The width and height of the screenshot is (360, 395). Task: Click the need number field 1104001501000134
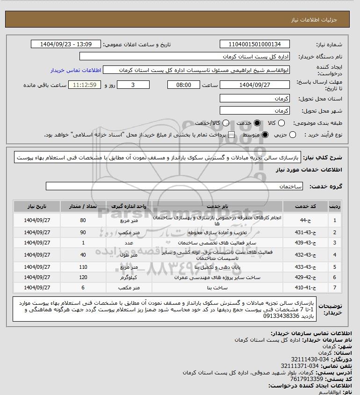point(255,44)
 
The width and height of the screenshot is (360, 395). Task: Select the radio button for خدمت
point(256,123)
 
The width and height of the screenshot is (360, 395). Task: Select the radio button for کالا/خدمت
point(226,123)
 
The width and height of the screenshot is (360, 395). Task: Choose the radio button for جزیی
point(293,135)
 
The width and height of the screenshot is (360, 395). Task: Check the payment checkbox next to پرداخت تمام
point(231,135)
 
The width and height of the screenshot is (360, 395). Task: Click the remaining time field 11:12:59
point(85,85)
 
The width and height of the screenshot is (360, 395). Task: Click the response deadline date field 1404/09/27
point(255,85)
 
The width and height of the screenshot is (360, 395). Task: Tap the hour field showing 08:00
point(184,85)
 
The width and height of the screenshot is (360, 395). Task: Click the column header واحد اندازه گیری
point(127,206)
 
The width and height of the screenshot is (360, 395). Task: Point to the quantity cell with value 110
point(83,267)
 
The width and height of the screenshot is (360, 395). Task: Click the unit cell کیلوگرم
point(127,278)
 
